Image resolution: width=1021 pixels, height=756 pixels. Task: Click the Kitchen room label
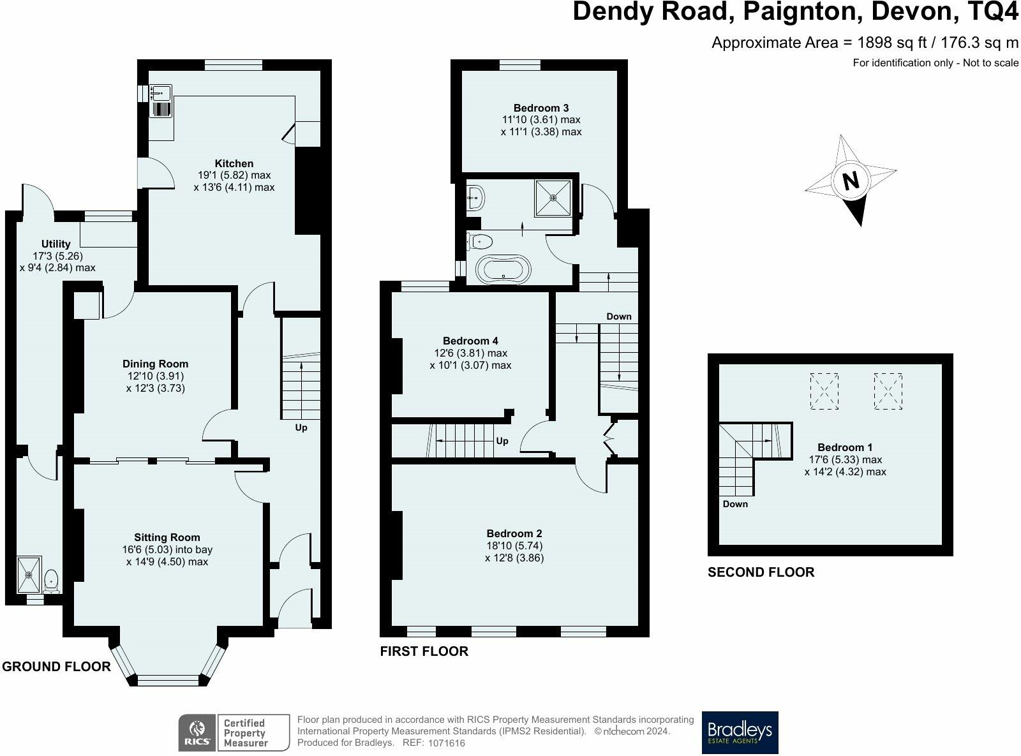click(234, 163)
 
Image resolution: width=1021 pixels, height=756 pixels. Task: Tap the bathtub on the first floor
click(503, 269)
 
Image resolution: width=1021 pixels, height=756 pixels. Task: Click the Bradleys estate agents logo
click(740, 732)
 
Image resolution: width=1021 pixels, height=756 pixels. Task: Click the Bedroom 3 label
click(541, 108)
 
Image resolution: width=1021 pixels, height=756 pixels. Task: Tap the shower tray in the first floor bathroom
click(553, 198)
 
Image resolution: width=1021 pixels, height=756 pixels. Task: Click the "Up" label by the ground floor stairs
click(301, 427)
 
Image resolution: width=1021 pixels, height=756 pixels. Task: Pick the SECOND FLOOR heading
click(761, 572)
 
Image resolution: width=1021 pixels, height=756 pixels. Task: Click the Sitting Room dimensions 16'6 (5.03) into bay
click(167, 550)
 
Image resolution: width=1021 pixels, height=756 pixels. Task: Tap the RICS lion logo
click(197, 732)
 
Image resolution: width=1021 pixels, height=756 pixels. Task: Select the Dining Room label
click(155, 364)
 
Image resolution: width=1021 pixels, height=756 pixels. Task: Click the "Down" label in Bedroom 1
click(735, 504)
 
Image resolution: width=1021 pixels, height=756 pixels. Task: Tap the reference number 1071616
click(446, 743)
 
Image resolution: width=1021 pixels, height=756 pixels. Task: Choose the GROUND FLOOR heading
click(56, 667)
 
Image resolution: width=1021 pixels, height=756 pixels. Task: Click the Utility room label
click(56, 244)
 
